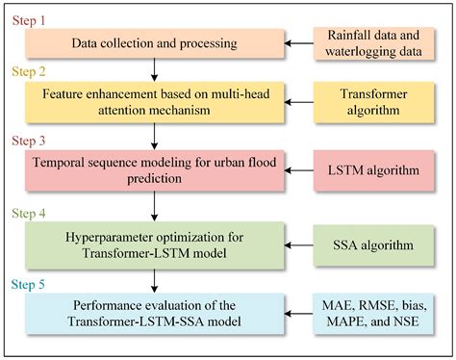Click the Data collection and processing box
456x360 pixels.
pyautogui.click(x=155, y=45)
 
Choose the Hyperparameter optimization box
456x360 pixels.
pyautogui.click(x=155, y=244)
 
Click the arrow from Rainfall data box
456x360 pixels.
pyautogui.click(x=301, y=45)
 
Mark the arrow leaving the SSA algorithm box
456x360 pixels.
pyautogui.click(x=301, y=245)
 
